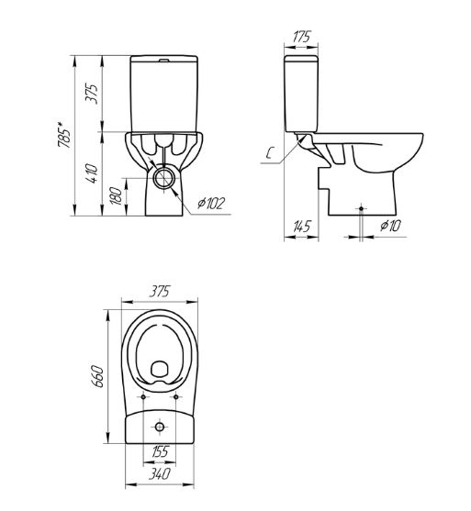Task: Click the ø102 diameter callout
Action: pos(210,204)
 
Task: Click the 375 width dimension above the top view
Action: pos(160,292)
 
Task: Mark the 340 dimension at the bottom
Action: pos(160,474)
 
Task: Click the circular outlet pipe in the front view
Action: pos(167,179)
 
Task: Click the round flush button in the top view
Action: pos(160,427)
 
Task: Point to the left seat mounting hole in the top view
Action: pos(145,396)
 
